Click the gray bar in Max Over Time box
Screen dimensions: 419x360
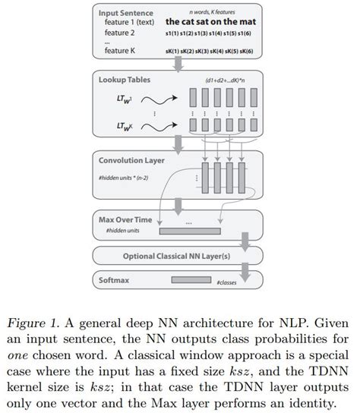(190, 232)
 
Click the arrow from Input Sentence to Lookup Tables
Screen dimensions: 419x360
(178, 67)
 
